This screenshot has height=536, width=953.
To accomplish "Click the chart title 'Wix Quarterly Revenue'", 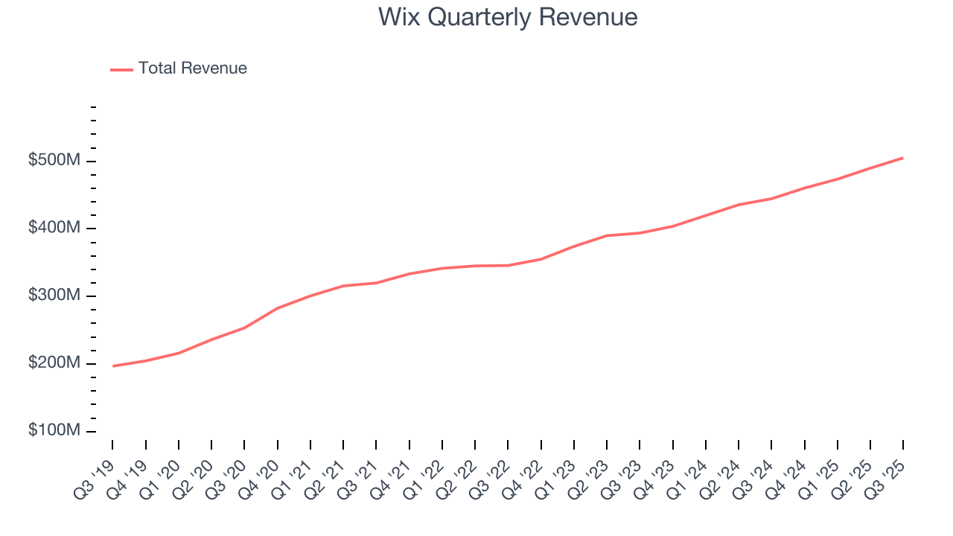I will pyautogui.click(x=507, y=17).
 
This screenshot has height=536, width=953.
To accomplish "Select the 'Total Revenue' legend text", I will pyautogui.click(x=192, y=68).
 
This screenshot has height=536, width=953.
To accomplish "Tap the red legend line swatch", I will pyautogui.click(x=121, y=69).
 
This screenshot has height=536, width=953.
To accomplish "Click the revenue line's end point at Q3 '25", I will pyautogui.click(x=902, y=158).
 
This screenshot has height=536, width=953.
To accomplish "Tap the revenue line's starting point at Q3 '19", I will pyautogui.click(x=113, y=366).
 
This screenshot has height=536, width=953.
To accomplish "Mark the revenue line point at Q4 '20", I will pyautogui.click(x=278, y=307).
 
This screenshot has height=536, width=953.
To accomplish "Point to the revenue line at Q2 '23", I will pyautogui.click(x=607, y=235).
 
